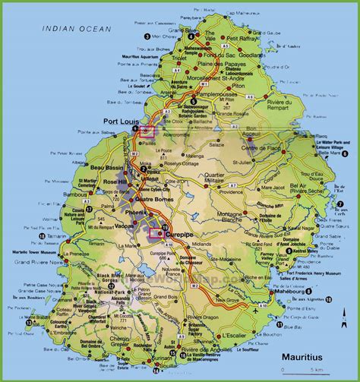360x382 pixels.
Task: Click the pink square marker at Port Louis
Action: coord(147,131)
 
